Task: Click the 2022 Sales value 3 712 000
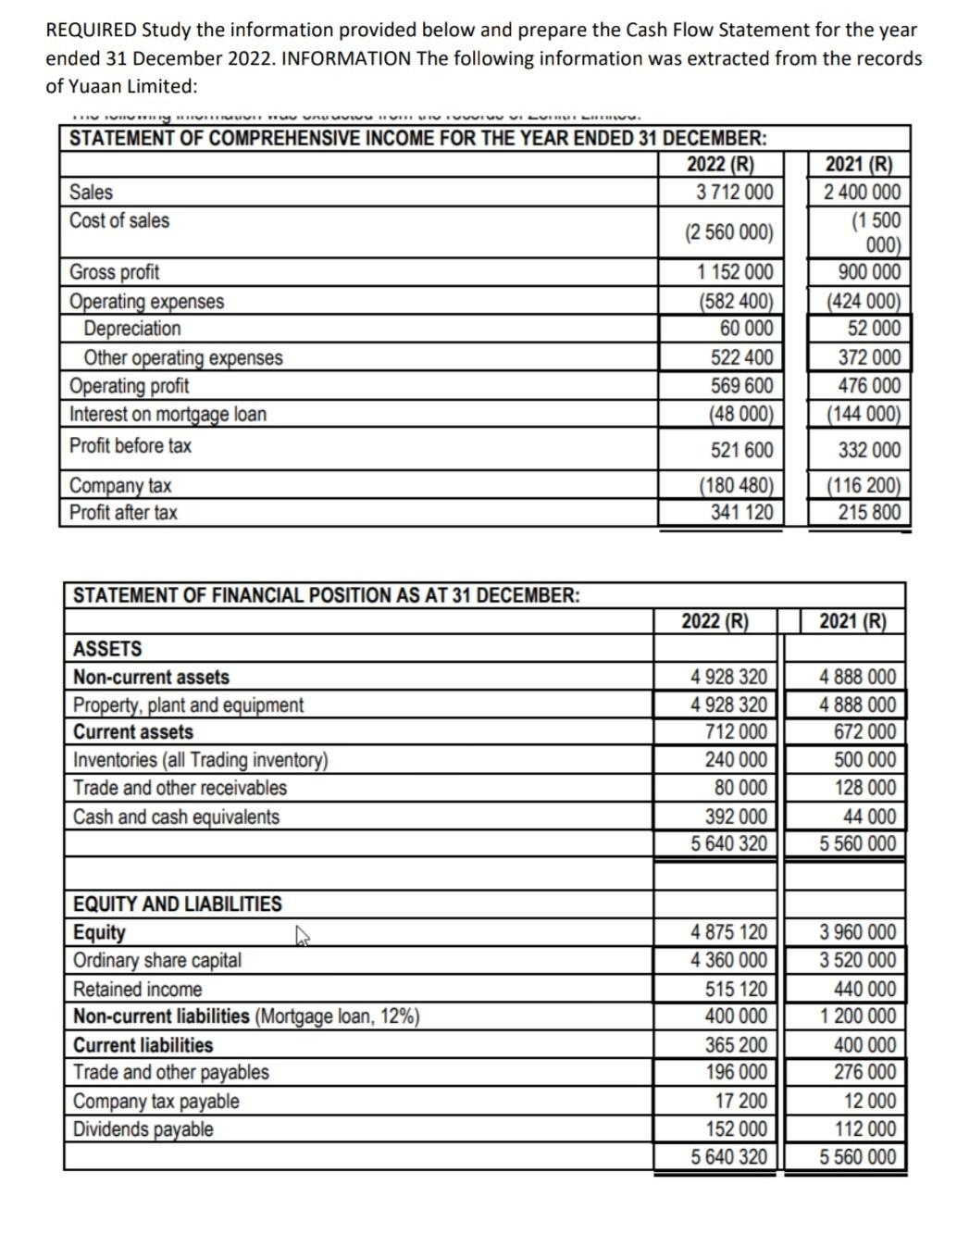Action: pyautogui.click(x=734, y=193)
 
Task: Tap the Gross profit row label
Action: pyautogui.click(x=115, y=272)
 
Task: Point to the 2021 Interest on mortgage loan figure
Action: pyautogui.click(x=863, y=414)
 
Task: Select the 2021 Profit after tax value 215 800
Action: pyautogui.click(x=869, y=512)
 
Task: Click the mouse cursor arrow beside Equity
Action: pyautogui.click(x=301, y=938)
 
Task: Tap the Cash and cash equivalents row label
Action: pyautogui.click(x=176, y=816)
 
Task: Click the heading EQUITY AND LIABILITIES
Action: pyautogui.click(x=178, y=904)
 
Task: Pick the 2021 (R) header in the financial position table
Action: pyautogui.click(x=852, y=620)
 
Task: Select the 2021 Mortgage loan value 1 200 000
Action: pyautogui.click(x=858, y=1016)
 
